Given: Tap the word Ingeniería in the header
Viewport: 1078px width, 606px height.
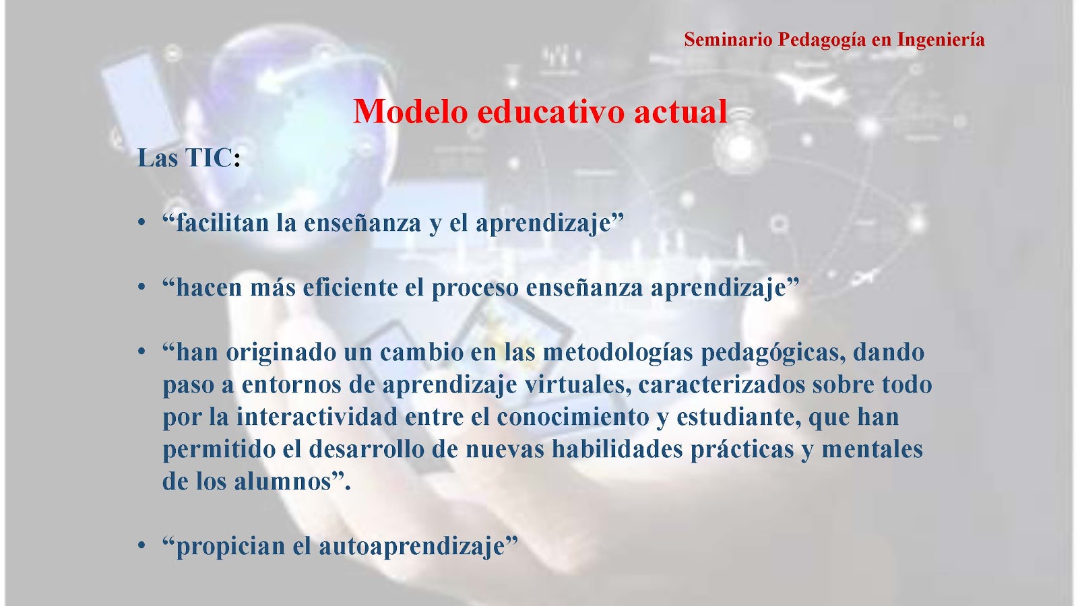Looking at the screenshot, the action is tap(941, 40).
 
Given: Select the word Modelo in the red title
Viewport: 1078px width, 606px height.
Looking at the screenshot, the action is tap(410, 112).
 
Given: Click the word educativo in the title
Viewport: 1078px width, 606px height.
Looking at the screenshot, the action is tap(551, 112).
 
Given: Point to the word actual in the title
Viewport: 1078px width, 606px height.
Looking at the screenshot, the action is tap(680, 112).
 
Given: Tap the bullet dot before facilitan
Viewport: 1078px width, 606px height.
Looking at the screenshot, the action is tap(141, 222).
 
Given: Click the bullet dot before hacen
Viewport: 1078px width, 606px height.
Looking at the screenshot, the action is tap(141, 287).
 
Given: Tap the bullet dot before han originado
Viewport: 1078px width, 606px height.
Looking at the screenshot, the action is tap(141, 351).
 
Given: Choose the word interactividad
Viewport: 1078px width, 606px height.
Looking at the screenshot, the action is tap(317, 417).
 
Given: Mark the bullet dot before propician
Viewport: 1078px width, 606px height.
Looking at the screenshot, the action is tap(141, 545).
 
